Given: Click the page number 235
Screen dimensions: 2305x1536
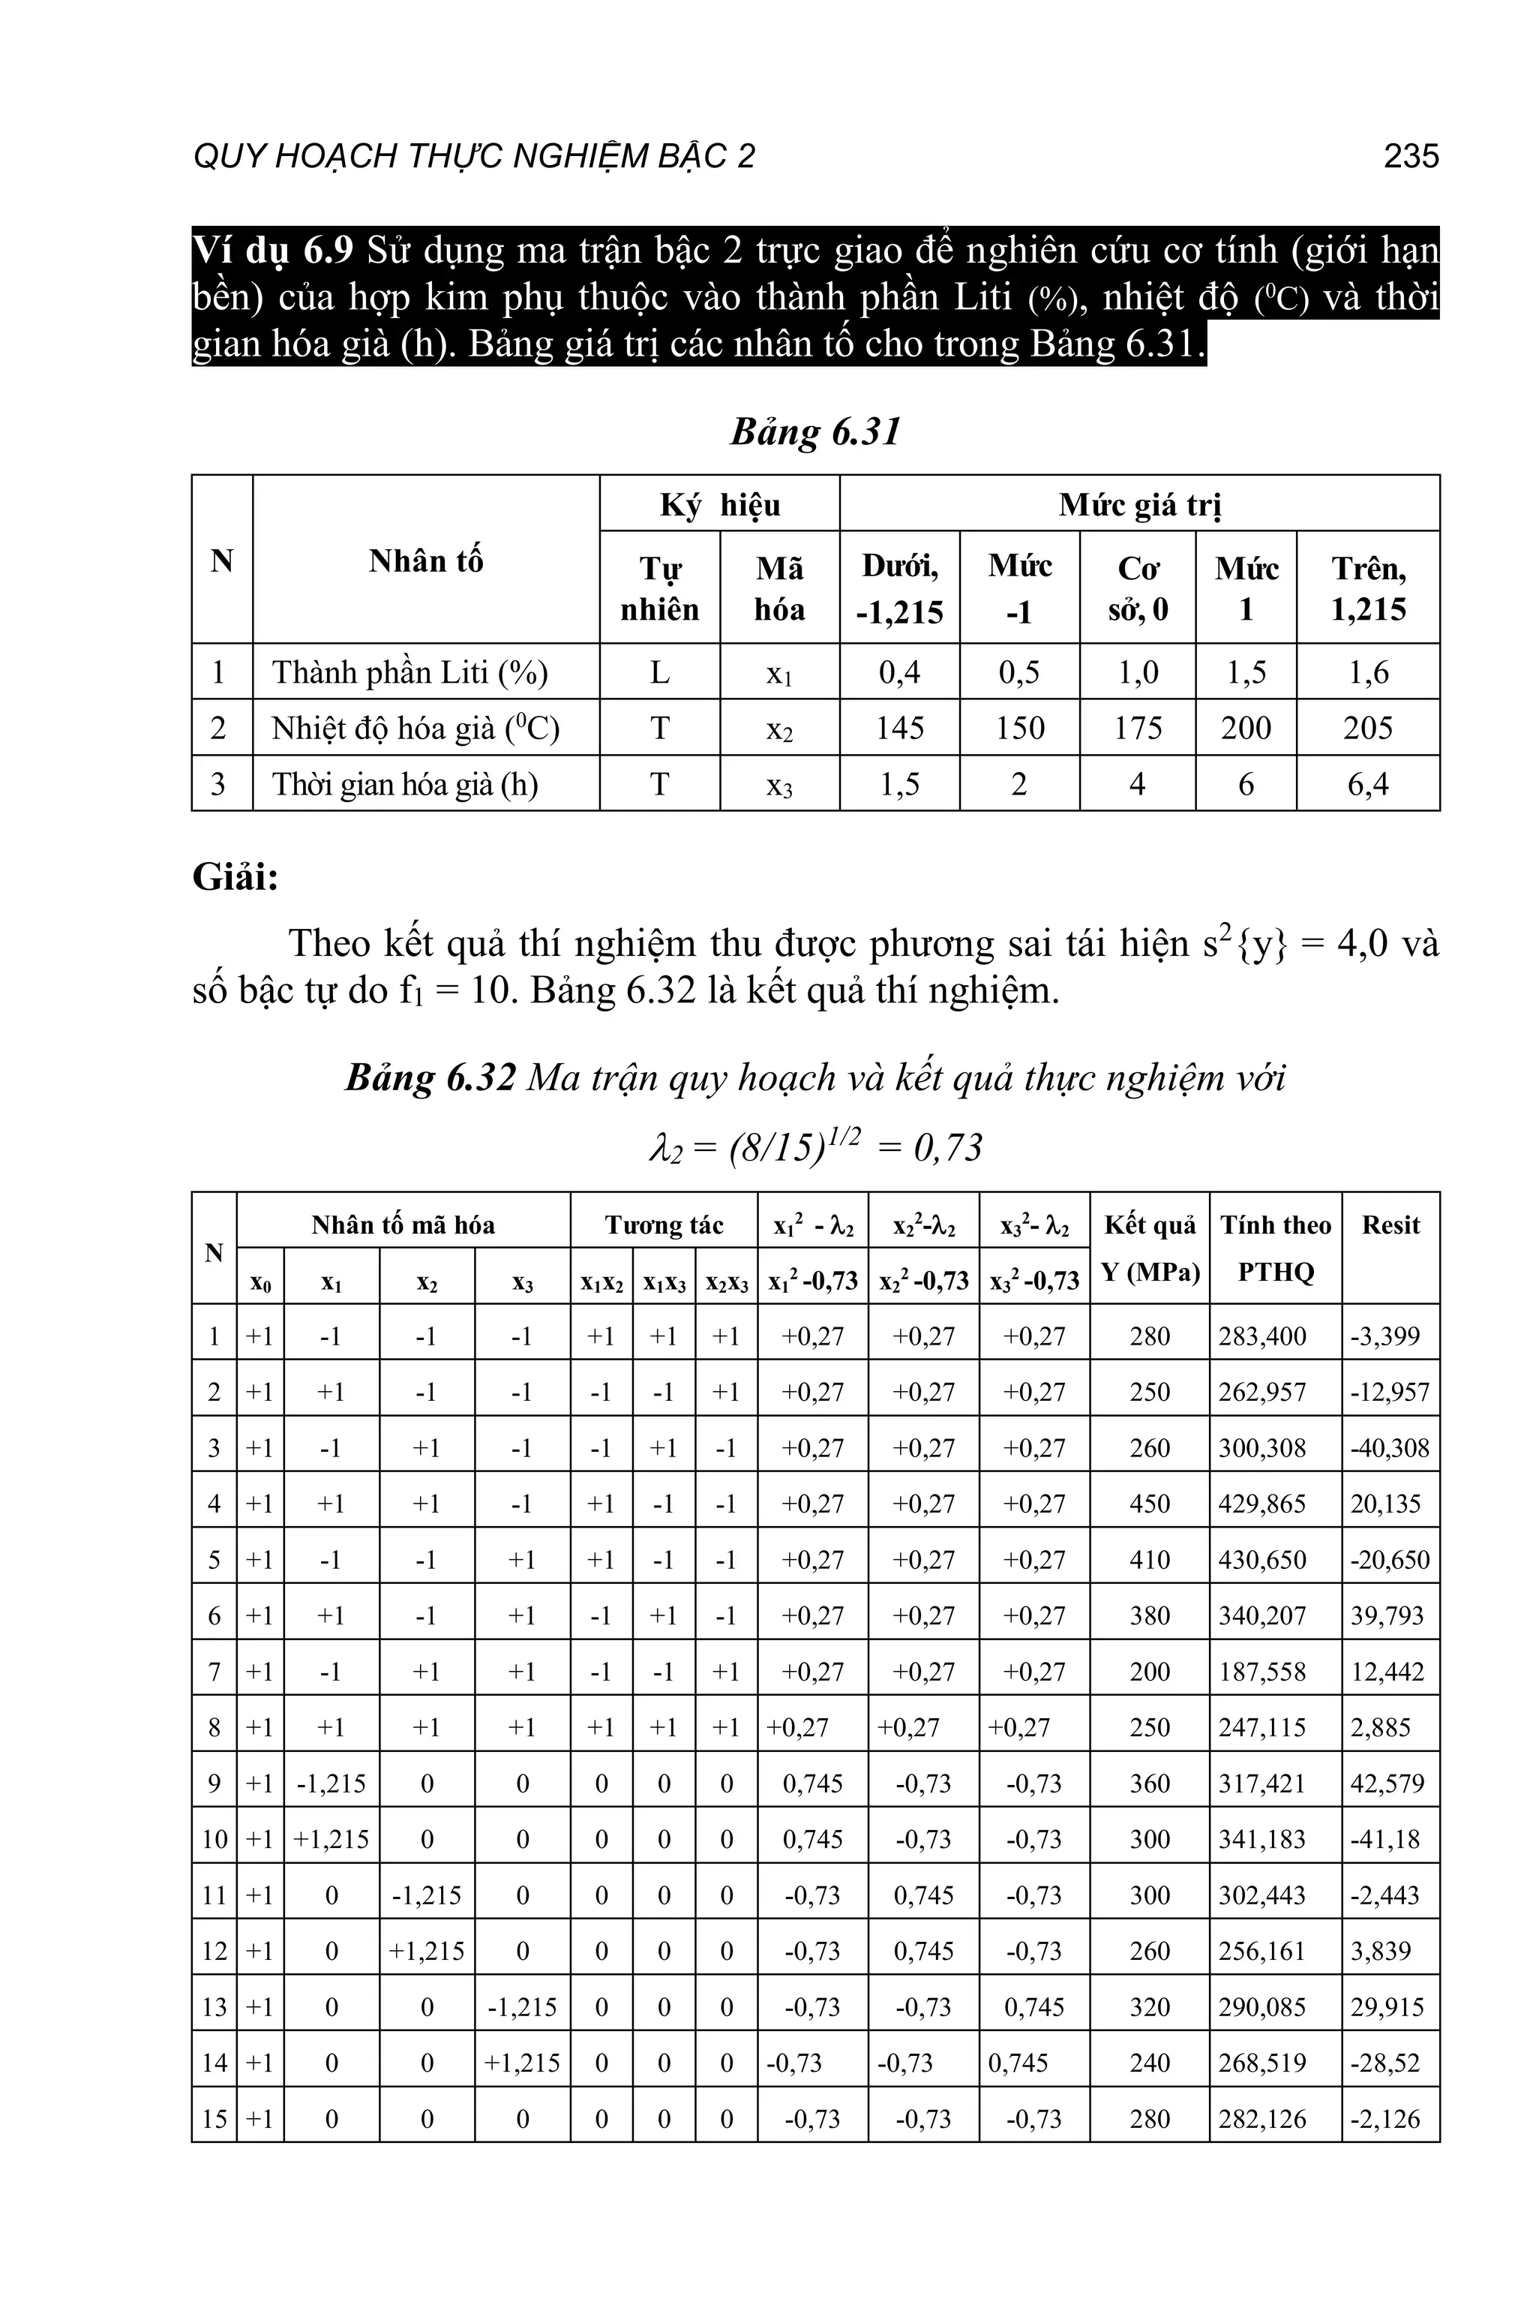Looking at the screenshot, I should click(x=1411, y=156).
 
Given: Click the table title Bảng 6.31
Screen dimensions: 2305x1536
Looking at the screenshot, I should click(x=815, y=432).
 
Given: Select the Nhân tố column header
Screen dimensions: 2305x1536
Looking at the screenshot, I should click(x=425, y=560).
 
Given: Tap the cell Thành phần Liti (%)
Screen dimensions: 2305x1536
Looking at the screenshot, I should click(x=409, y=672).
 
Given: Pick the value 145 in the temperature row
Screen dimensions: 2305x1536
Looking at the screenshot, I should click(x=899, y=728).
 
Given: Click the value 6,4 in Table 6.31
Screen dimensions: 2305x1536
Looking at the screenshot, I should click(x=1367, y=784).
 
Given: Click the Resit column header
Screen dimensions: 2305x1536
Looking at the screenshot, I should click(x=1390, y=1226).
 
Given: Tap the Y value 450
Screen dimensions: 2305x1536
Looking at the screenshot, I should click(x=1149, y=1504).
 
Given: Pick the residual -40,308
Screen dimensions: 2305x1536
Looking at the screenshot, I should click(x=1389, y=1448).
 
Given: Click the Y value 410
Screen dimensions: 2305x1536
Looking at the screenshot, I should click(x=1149, y=1560).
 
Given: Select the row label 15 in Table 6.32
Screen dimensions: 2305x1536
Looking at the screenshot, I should click(x=214, y=2119).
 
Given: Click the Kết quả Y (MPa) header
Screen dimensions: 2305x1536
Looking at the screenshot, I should click(x=1149, y=1249).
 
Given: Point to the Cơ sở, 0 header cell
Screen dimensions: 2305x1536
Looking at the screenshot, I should click(x=1137, y=588).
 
